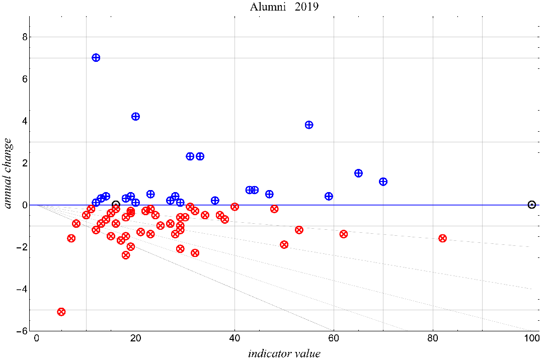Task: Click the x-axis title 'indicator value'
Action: click(x=284, y=353)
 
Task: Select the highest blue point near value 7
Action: click(x=96, y=58)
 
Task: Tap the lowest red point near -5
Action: click(x=61, y=312)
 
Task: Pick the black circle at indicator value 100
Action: click(x=532, y=205)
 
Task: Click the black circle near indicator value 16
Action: click(x=116, y=205)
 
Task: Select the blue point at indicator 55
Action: click(x=309, y=125)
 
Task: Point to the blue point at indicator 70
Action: click(x=383, y=182)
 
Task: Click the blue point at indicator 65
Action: click(x=358, y=173)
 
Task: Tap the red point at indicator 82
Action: click(x=443, y=238)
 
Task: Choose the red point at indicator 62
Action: click(x=344, y=234)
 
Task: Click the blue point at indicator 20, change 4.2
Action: click(x=135, y=117)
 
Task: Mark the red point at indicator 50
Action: click(x=284, y=244)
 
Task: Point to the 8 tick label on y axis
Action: click(x=23, y=37)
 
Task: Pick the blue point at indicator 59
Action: click(x=329, y=196)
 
